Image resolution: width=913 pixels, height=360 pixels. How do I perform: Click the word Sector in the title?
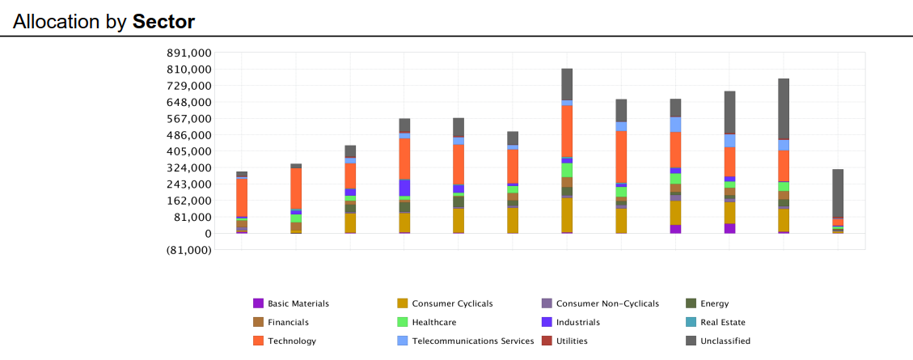163,22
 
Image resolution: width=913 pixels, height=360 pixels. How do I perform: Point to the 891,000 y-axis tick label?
188,53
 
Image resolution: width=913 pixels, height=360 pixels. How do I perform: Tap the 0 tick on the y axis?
207,233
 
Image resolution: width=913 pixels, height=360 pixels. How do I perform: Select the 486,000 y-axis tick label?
188,135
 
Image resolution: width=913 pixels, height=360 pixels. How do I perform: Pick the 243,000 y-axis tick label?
188,184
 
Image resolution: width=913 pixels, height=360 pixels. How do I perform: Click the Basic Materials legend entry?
298,304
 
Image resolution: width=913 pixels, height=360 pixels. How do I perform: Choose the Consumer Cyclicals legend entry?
452,304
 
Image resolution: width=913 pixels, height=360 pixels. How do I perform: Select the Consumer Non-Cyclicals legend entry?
607,304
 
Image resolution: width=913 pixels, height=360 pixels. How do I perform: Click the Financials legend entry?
288,322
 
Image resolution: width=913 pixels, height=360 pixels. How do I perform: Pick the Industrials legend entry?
578,322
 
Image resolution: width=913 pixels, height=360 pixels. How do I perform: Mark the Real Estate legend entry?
723,322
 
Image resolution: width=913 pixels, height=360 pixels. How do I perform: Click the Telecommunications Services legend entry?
473,341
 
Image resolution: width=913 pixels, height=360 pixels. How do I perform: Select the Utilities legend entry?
572,341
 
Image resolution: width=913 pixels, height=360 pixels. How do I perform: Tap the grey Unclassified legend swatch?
691,341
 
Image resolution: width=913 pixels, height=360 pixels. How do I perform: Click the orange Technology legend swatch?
259,341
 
